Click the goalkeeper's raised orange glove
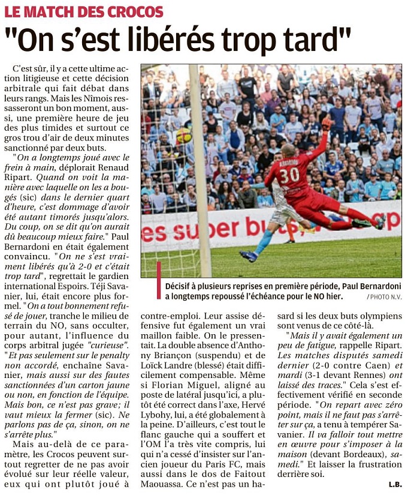tap(327, 124)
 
